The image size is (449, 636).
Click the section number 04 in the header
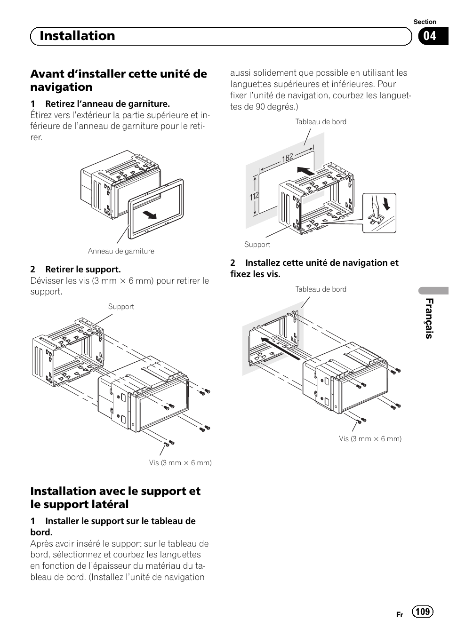tap(430, 36)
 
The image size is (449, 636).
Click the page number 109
tap(423, 611)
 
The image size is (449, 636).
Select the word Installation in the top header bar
tap(77, 36)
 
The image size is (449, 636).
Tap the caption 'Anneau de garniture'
tap(121, 251)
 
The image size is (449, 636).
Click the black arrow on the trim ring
tap(149, 215)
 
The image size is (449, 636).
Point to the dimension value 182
tap(288, 158)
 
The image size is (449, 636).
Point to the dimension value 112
tap(254, 196)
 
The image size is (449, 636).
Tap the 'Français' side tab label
tap(429, 318)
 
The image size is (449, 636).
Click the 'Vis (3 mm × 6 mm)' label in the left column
tap(180, 463)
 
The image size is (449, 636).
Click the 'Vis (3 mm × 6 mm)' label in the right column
tap(370, 439)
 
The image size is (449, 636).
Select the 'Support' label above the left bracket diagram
tap(121, 307)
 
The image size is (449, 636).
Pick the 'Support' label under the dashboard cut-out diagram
tap(257, 245)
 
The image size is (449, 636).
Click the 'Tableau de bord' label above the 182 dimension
tap(321, 122)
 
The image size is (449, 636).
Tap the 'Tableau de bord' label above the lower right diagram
tap(321, 289)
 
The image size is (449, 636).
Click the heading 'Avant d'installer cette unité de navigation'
tap(119, 80)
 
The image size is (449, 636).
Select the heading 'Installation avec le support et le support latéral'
tap(115, 498)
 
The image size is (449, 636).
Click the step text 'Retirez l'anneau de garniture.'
tap(107, 104)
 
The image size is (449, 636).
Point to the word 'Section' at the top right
tap(425, 22)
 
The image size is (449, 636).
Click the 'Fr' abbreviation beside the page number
tap(400, 615)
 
